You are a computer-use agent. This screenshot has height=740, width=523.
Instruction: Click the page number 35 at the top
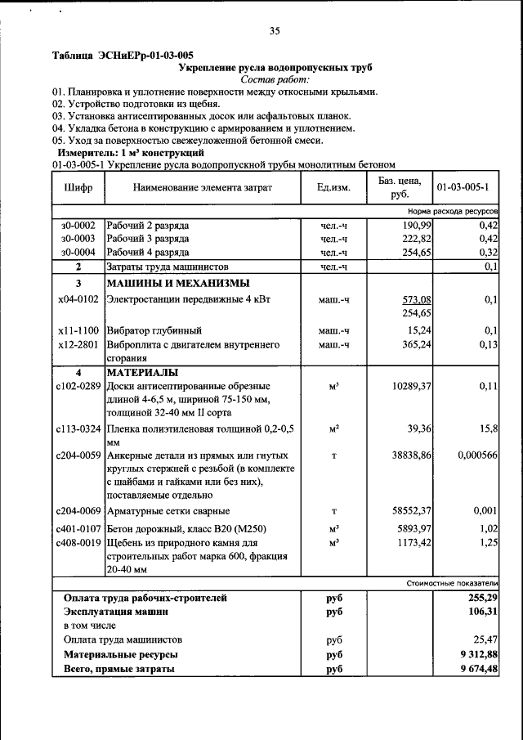274,31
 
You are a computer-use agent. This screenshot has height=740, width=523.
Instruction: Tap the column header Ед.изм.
333,187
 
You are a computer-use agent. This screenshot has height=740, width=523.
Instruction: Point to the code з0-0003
78,238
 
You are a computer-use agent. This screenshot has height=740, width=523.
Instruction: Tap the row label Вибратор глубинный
154,331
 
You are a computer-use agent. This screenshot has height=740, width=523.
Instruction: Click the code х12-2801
78,345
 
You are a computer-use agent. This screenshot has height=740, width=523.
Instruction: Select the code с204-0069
78,510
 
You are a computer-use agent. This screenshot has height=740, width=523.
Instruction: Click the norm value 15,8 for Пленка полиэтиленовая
487,427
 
